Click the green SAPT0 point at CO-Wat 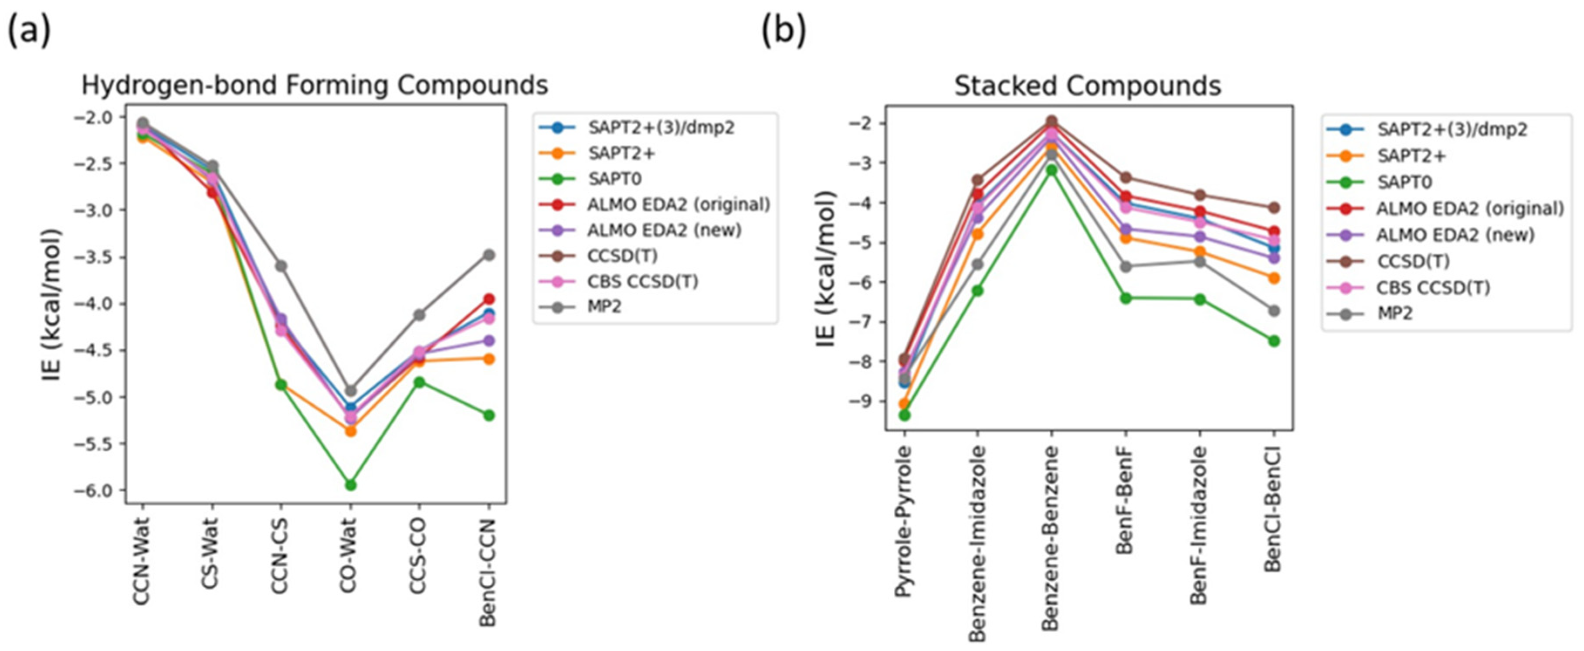pyautogui.click(x=350, y=485)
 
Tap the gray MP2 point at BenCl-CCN pyautogui.click(x=489, y=255)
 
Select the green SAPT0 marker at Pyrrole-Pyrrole pyautogui.click(x=904, y=416)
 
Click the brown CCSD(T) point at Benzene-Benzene pyautogui.click(x=1051, y=121)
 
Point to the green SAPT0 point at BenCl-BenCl pyautogui.click(x=1273, y=341)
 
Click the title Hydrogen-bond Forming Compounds pyautogui.click(x=314, y=85)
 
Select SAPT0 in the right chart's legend pyautogui.click(x=1404, y=182)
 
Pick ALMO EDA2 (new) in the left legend pyautogui.click(x=664, y=230)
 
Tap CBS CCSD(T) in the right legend pyautogui.click(x=1433, y=287)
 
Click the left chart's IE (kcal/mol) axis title pyautogui.click(x=52, y=305)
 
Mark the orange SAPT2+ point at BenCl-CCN pyautogui.click(x=489, y=359)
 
